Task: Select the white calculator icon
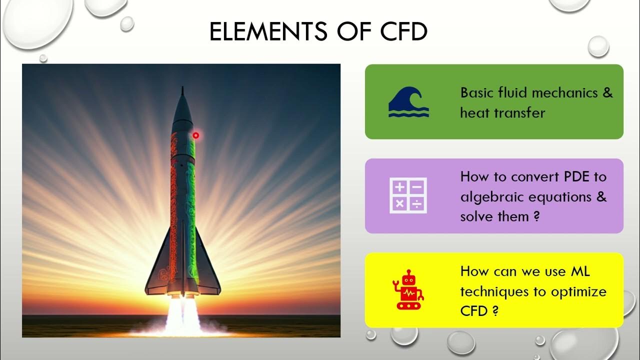(408, 196)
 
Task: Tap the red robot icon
(408, 289)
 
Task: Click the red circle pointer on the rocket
(196, 135)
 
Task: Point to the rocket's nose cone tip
(182, 89)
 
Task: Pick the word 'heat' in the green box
(475, 113)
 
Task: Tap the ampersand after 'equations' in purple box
(601, 197)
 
